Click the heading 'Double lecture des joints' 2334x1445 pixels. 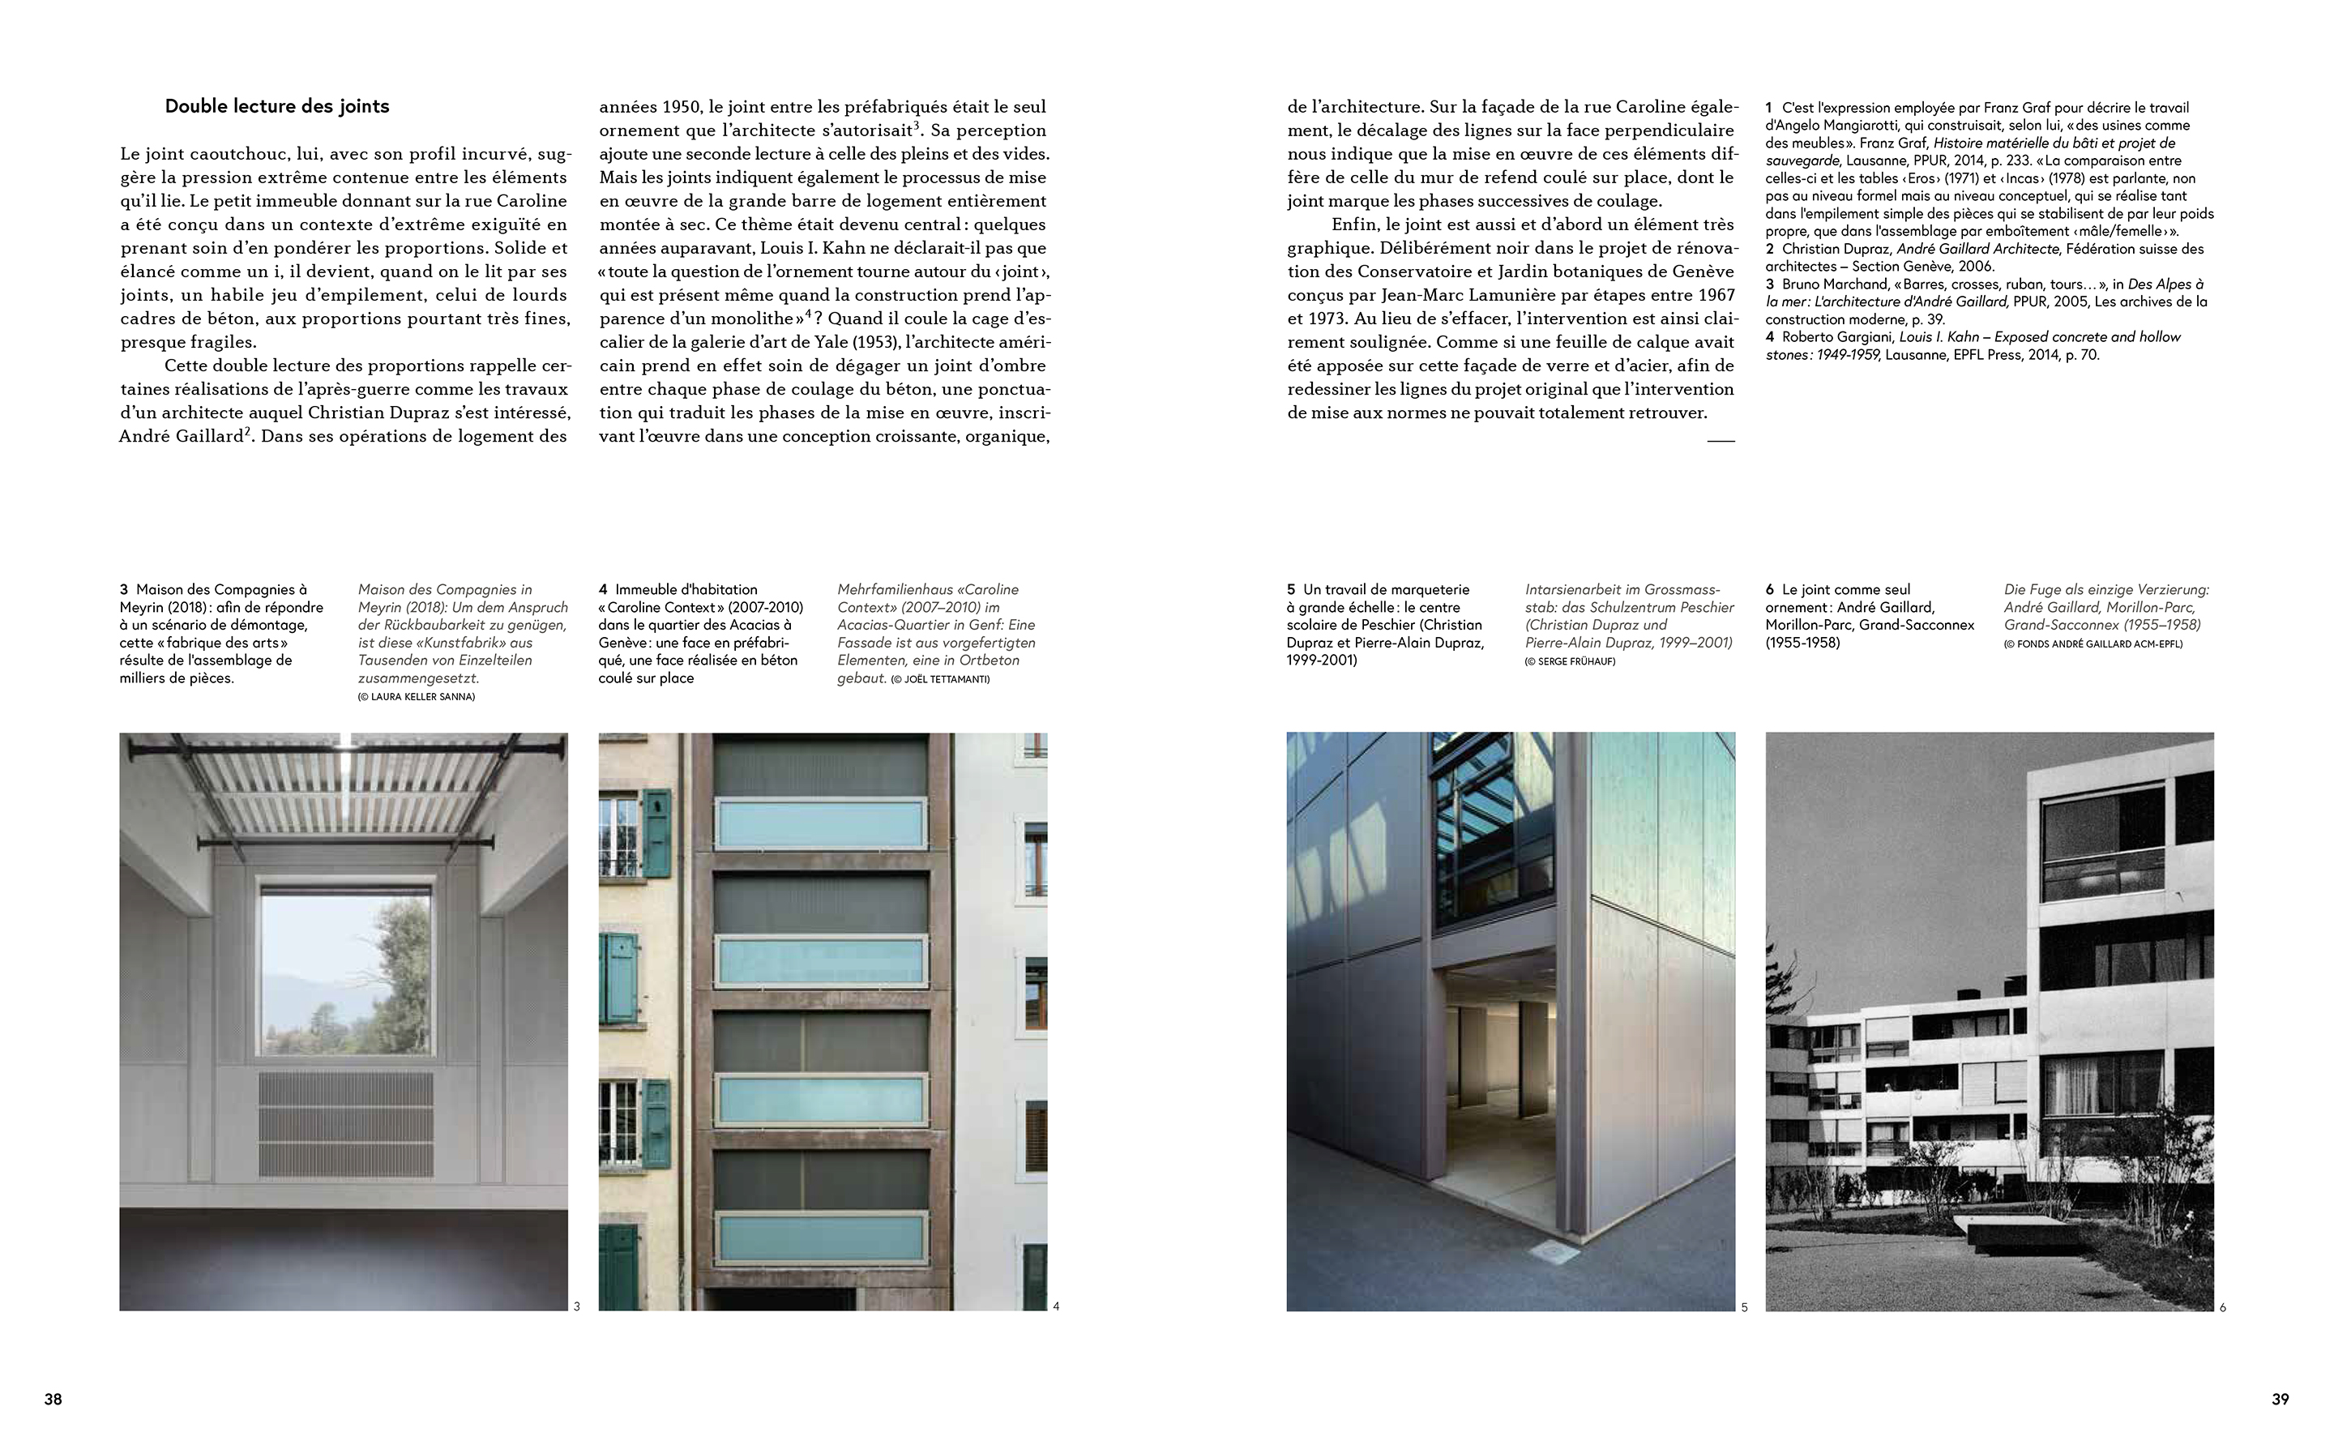pos(277,106)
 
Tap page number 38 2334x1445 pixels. pos(53,1399)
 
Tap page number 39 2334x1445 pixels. pos(2280,1399)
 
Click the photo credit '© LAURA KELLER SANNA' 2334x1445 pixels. pos(417,697)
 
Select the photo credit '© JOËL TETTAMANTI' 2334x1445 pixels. pos(940,679)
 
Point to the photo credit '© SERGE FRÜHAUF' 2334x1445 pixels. pos(1570,661)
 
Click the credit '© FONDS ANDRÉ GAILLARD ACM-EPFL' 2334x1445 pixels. pos(2092,644)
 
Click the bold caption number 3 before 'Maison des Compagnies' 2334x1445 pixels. pos(124,590)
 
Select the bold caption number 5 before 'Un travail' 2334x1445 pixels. pos(1291,590)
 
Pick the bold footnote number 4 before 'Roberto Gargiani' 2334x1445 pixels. pos(1769,336)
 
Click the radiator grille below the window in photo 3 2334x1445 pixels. pos(345,1123)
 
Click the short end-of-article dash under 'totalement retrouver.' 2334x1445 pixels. pos(1720,441)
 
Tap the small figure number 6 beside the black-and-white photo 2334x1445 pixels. pos(2222,1307)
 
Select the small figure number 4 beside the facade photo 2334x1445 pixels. pos(1056,1306)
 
